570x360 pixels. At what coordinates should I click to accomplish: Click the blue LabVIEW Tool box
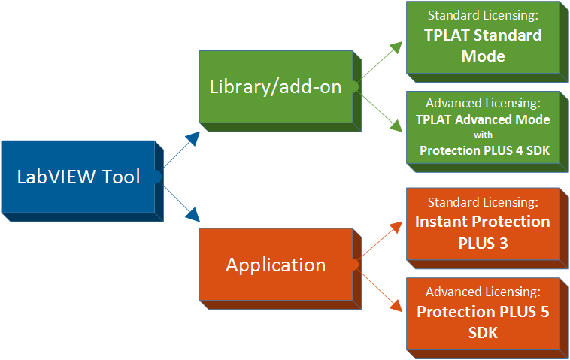[78, 177]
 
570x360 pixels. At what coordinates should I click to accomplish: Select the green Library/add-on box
[275, 86]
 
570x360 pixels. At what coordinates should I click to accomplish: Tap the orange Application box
[275, 265]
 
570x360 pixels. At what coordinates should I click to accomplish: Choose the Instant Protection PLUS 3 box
[482, 224]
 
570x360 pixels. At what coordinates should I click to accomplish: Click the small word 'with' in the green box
[482, 135]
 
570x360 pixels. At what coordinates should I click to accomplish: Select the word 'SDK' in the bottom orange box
[482, 331]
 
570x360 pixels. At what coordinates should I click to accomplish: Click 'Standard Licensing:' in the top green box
[482, 15]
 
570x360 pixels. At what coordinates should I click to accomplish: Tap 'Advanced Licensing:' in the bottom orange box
[482, 292]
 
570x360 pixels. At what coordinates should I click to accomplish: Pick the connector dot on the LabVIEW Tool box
[158, 177]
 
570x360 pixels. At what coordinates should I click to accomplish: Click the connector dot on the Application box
[353, 265]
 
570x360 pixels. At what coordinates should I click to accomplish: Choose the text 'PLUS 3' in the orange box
[482, 241]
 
